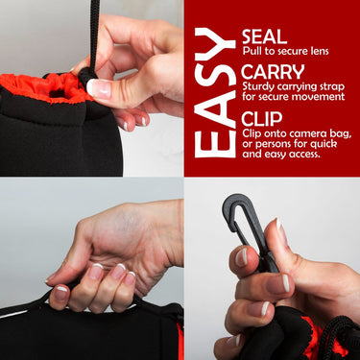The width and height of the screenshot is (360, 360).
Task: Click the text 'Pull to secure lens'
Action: [287, 55]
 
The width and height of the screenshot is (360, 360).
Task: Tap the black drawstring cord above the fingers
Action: [94, 24]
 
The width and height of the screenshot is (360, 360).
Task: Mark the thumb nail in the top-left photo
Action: [99, 88]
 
